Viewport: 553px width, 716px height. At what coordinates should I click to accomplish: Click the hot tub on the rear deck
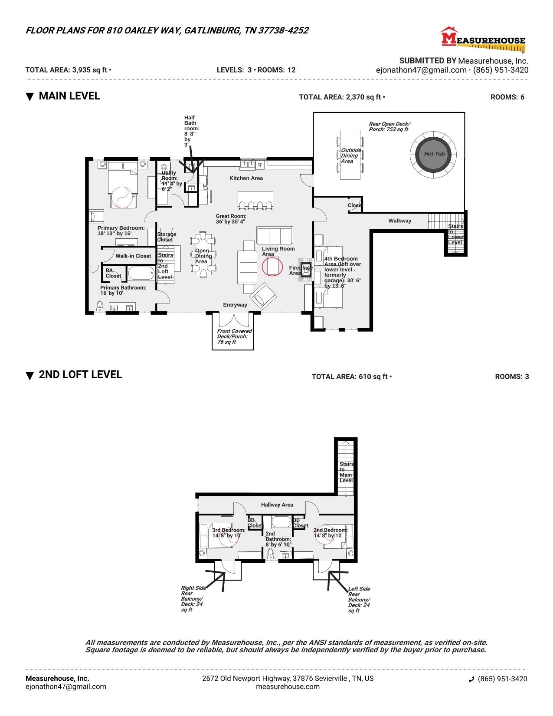[x=432, y=154]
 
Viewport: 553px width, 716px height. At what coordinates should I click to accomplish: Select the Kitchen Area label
[x=246, y=178]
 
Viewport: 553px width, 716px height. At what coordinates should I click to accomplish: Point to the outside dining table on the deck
[x=350, y=155]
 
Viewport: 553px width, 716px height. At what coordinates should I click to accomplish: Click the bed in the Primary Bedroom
[x=122, y=185]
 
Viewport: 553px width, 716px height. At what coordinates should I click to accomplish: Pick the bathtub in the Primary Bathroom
[x=141, y=273]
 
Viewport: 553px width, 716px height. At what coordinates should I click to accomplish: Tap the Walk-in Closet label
[x=133, y=256]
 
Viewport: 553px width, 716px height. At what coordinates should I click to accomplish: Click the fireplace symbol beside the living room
[x=306, y=267]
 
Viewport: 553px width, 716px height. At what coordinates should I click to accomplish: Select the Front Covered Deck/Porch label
[x=234, y=336]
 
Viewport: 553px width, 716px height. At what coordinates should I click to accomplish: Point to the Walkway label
[x=399, y=221]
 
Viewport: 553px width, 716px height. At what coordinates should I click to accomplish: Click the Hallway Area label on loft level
[x=277, y=505]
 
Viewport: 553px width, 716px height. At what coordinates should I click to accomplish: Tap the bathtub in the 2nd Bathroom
[x=281, y=521]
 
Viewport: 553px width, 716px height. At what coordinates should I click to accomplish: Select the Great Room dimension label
[x=231, y=219]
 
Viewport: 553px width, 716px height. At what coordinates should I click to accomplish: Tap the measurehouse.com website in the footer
[x=288, y=686]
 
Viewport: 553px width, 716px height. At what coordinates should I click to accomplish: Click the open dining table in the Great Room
[x=203, y=256]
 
